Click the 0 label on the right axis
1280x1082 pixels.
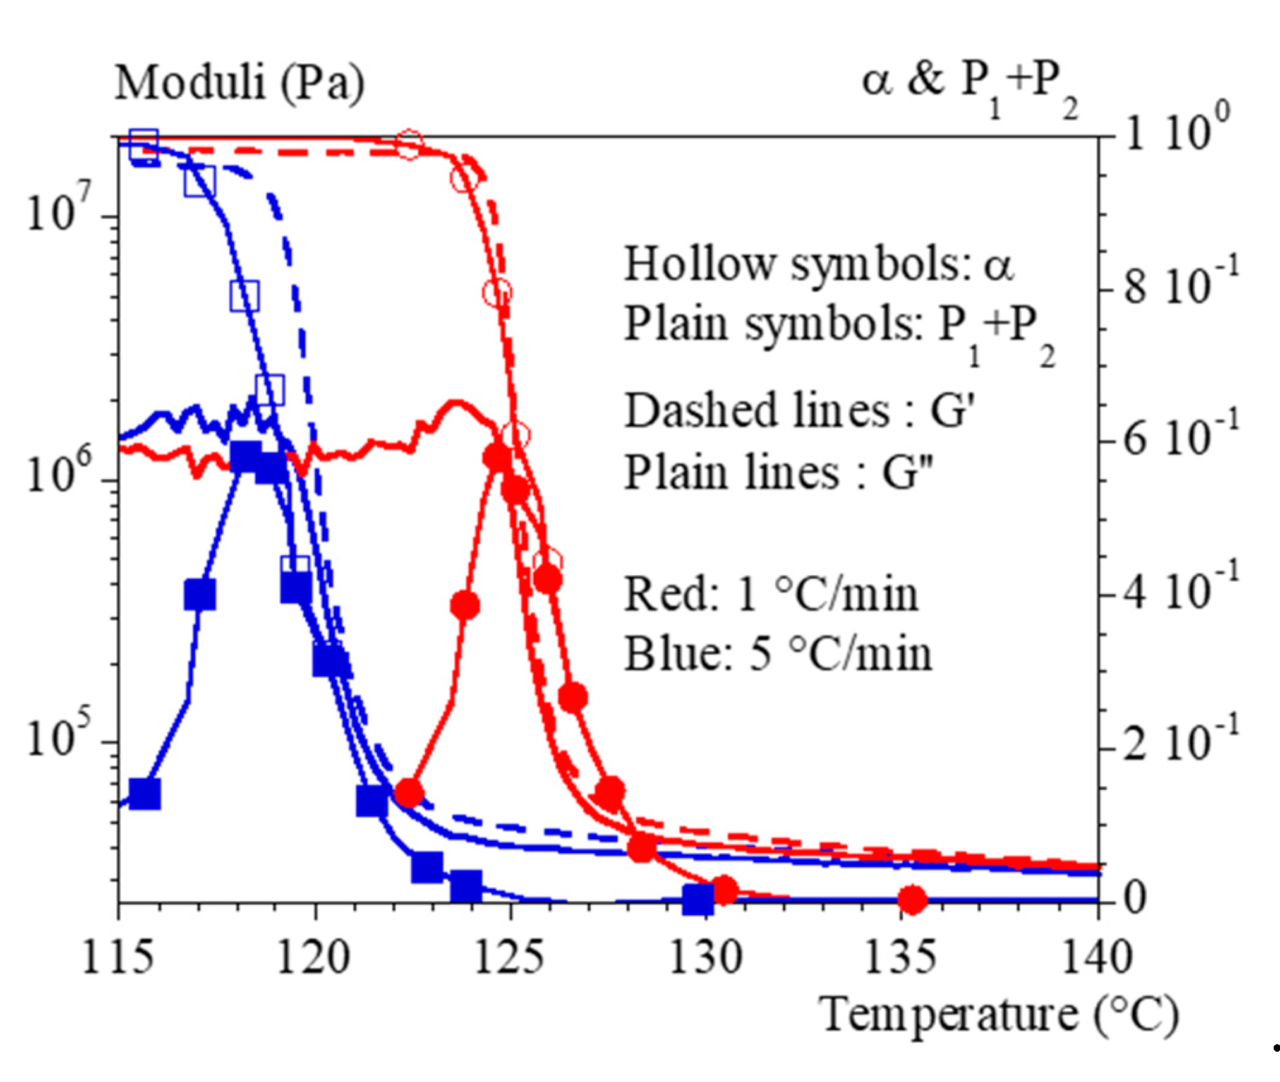(x=1135, y=897)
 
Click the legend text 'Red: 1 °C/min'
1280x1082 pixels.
(x=771, y=595)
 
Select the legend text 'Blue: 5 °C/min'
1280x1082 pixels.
(x=778, y=654)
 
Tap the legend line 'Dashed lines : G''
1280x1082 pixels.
(x=799, y=411)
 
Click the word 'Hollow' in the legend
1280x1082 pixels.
(x=699, y=263)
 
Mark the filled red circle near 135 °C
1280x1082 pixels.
(x=912, y=899)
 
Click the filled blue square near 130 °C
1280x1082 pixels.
(x=698, y=899)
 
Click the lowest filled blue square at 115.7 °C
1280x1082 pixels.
(x=145, y=793)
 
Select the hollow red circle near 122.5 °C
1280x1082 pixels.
(x=409, y=146)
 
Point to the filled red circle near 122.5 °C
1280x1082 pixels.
(x=409, y=793)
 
